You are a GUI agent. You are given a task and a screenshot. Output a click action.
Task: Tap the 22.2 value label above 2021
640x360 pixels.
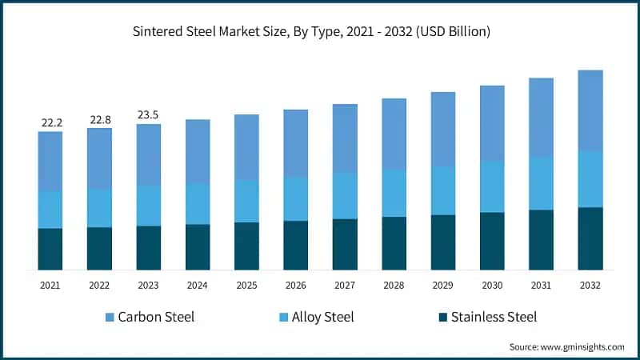point(51,122)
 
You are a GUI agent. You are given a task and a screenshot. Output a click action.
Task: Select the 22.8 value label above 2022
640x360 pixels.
point(100,119)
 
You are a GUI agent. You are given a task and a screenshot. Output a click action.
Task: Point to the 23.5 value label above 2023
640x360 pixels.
point(149,114)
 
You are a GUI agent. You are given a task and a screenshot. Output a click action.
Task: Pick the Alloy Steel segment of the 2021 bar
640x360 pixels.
point(50,210)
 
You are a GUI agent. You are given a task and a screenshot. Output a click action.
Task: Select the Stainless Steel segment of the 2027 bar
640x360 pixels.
point(345,244)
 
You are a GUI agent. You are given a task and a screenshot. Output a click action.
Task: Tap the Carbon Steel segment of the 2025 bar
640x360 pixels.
point(246,147)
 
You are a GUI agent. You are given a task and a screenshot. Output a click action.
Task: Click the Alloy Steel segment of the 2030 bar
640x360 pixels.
point(492,186)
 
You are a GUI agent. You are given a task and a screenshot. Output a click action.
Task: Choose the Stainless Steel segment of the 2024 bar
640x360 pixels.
point(198,246)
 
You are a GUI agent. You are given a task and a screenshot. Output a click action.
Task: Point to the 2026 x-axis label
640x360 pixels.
point(296,285)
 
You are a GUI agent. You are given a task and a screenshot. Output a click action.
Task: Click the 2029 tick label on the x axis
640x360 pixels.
point(443,285)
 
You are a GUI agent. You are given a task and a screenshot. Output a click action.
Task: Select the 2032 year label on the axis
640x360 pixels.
point(590,285)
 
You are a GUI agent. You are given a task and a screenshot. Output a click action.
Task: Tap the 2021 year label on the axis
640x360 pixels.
point(50,285)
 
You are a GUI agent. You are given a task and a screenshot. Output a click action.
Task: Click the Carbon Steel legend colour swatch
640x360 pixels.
point(109,318)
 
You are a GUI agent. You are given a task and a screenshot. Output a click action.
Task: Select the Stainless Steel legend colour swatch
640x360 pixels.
point(442,318)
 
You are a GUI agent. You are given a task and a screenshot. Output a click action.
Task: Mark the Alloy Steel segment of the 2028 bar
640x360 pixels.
point(394,193)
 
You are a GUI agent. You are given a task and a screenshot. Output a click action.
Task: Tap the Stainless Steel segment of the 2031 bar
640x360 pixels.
point(542,239)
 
